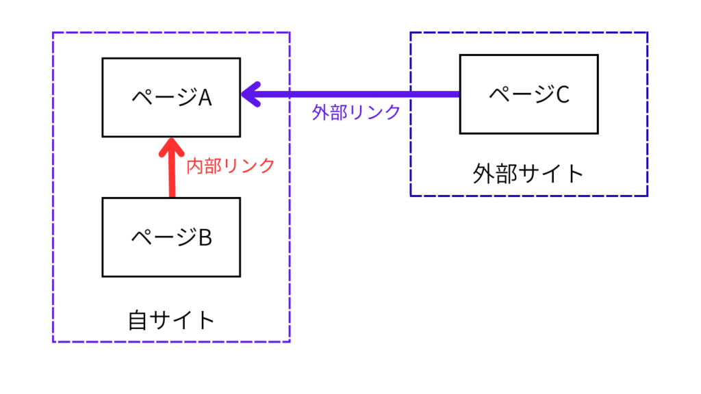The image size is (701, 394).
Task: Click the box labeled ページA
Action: click(171, 97)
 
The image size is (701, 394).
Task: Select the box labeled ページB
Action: click(171, 237)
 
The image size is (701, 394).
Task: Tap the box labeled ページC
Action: click(528, 94)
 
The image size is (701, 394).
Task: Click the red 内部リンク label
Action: click(231, 166)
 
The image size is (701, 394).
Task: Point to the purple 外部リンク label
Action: click(356, 112)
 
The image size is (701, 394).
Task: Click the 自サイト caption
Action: click(171, 320)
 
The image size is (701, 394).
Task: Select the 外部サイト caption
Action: click(528, 173)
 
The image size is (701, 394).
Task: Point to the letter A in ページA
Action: click(205, 98)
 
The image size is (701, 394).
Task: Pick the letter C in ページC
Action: click(562, 94)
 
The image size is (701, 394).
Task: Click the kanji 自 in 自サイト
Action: click(138, 320)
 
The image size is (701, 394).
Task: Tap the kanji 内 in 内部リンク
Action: click(195, 166)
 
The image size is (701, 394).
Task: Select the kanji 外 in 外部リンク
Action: click(320, 112)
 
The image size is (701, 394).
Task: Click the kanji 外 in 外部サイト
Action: click(483, 173)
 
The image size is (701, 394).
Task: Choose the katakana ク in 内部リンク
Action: click(266, 166)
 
